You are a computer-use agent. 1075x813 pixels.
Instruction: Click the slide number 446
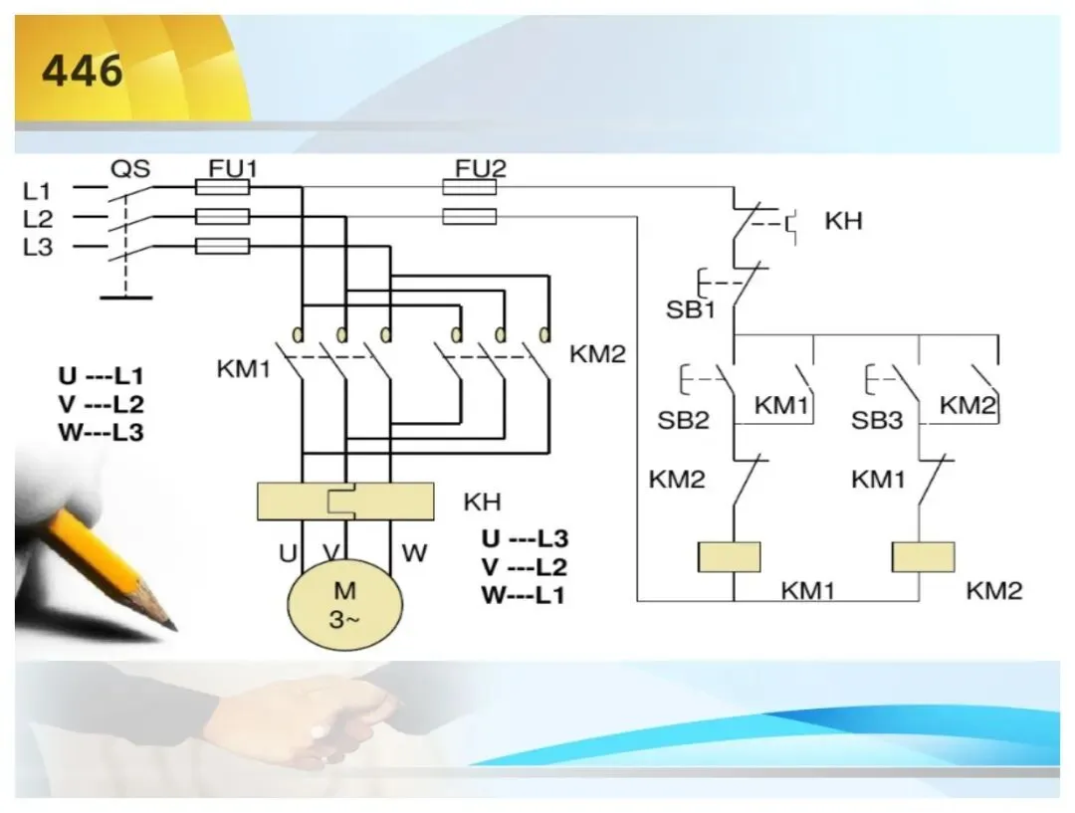click(83, 71)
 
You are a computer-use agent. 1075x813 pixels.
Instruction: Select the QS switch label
click(130, 168)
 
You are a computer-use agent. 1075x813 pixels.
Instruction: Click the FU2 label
click(481, 168)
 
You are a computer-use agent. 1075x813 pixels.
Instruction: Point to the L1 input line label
click(37, 191)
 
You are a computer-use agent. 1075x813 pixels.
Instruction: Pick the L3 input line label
click(38, 247)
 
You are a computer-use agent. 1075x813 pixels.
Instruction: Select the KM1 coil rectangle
click(729, 556)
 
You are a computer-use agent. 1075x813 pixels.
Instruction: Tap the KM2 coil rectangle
click(923, 556)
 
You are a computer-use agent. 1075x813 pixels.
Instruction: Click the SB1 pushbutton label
click(691, 309)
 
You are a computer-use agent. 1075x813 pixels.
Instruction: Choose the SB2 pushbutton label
click(683, 420)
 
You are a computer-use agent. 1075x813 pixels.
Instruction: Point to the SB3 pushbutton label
click(877, 420)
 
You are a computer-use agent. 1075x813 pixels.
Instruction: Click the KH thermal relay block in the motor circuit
click(345, 502)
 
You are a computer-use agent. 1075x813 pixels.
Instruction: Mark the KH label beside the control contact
click(843, 221)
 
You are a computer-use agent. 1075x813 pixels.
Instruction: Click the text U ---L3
click(526, 538)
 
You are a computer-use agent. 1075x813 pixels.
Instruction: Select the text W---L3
click(102, 433)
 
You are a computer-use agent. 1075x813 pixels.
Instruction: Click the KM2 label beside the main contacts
click(598, 354)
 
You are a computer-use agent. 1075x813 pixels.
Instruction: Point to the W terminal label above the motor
click(414, 552)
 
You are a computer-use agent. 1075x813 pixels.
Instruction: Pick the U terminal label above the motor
click(288, 552)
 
